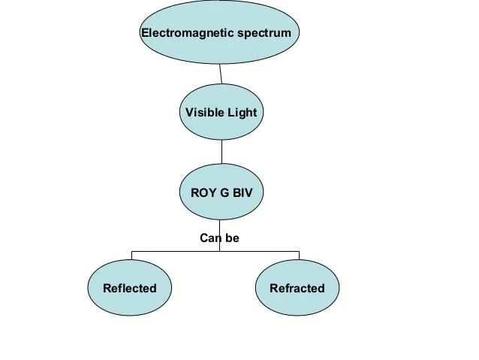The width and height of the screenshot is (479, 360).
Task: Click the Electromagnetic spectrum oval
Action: [220, 49]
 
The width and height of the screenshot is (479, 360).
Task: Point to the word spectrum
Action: [267, 33]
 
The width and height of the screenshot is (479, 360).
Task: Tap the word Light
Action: [241, 113]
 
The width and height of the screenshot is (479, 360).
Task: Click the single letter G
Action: [224, 192]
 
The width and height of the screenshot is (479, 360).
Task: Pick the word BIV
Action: [243, 192]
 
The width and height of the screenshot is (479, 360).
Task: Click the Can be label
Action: [219, 238]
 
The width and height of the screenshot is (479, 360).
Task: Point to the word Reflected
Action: [130, 288]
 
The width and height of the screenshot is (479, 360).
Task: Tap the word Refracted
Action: [297, 288]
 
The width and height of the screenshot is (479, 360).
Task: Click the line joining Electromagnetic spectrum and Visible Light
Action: [220, 74]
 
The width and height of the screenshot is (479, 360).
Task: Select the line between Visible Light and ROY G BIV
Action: [221, 152]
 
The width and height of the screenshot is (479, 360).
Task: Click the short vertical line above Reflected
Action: [131, 255]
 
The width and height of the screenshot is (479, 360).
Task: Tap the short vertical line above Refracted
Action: [299, 255]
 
